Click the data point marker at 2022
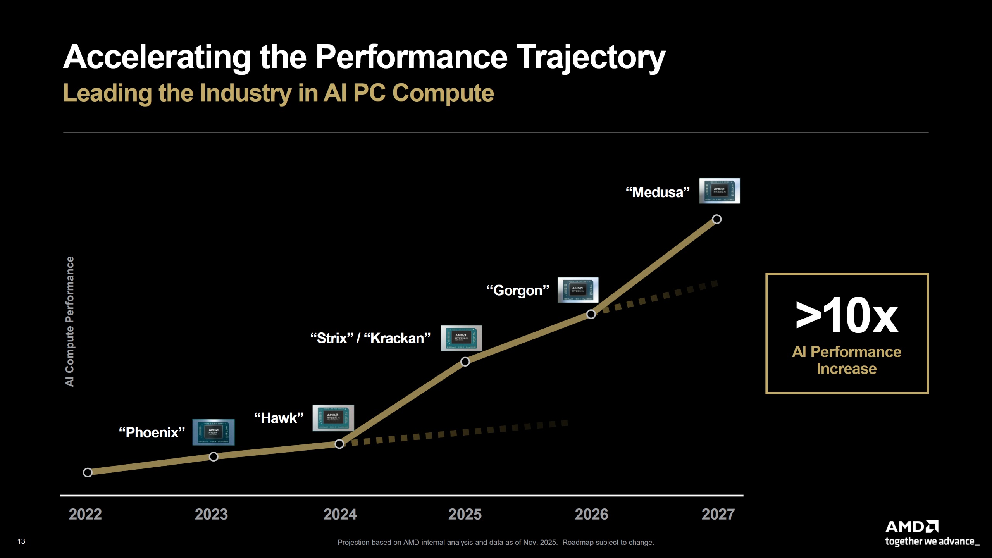[88, 472]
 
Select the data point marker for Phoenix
[214, 456]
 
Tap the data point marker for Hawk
[339, 444]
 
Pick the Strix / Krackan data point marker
[465, 362]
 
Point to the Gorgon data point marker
[591, 314]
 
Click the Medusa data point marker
[717, 219]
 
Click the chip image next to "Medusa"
[720, 191]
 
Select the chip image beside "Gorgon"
[578, 290]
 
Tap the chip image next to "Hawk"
[333, 418]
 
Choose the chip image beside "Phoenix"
[214, 432]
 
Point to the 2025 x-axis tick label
[465, 514]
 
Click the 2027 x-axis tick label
[718, 514]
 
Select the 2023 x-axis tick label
[211, 514]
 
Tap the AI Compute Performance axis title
[69, 321]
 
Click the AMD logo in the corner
[911, 527]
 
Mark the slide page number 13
[21, 541]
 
